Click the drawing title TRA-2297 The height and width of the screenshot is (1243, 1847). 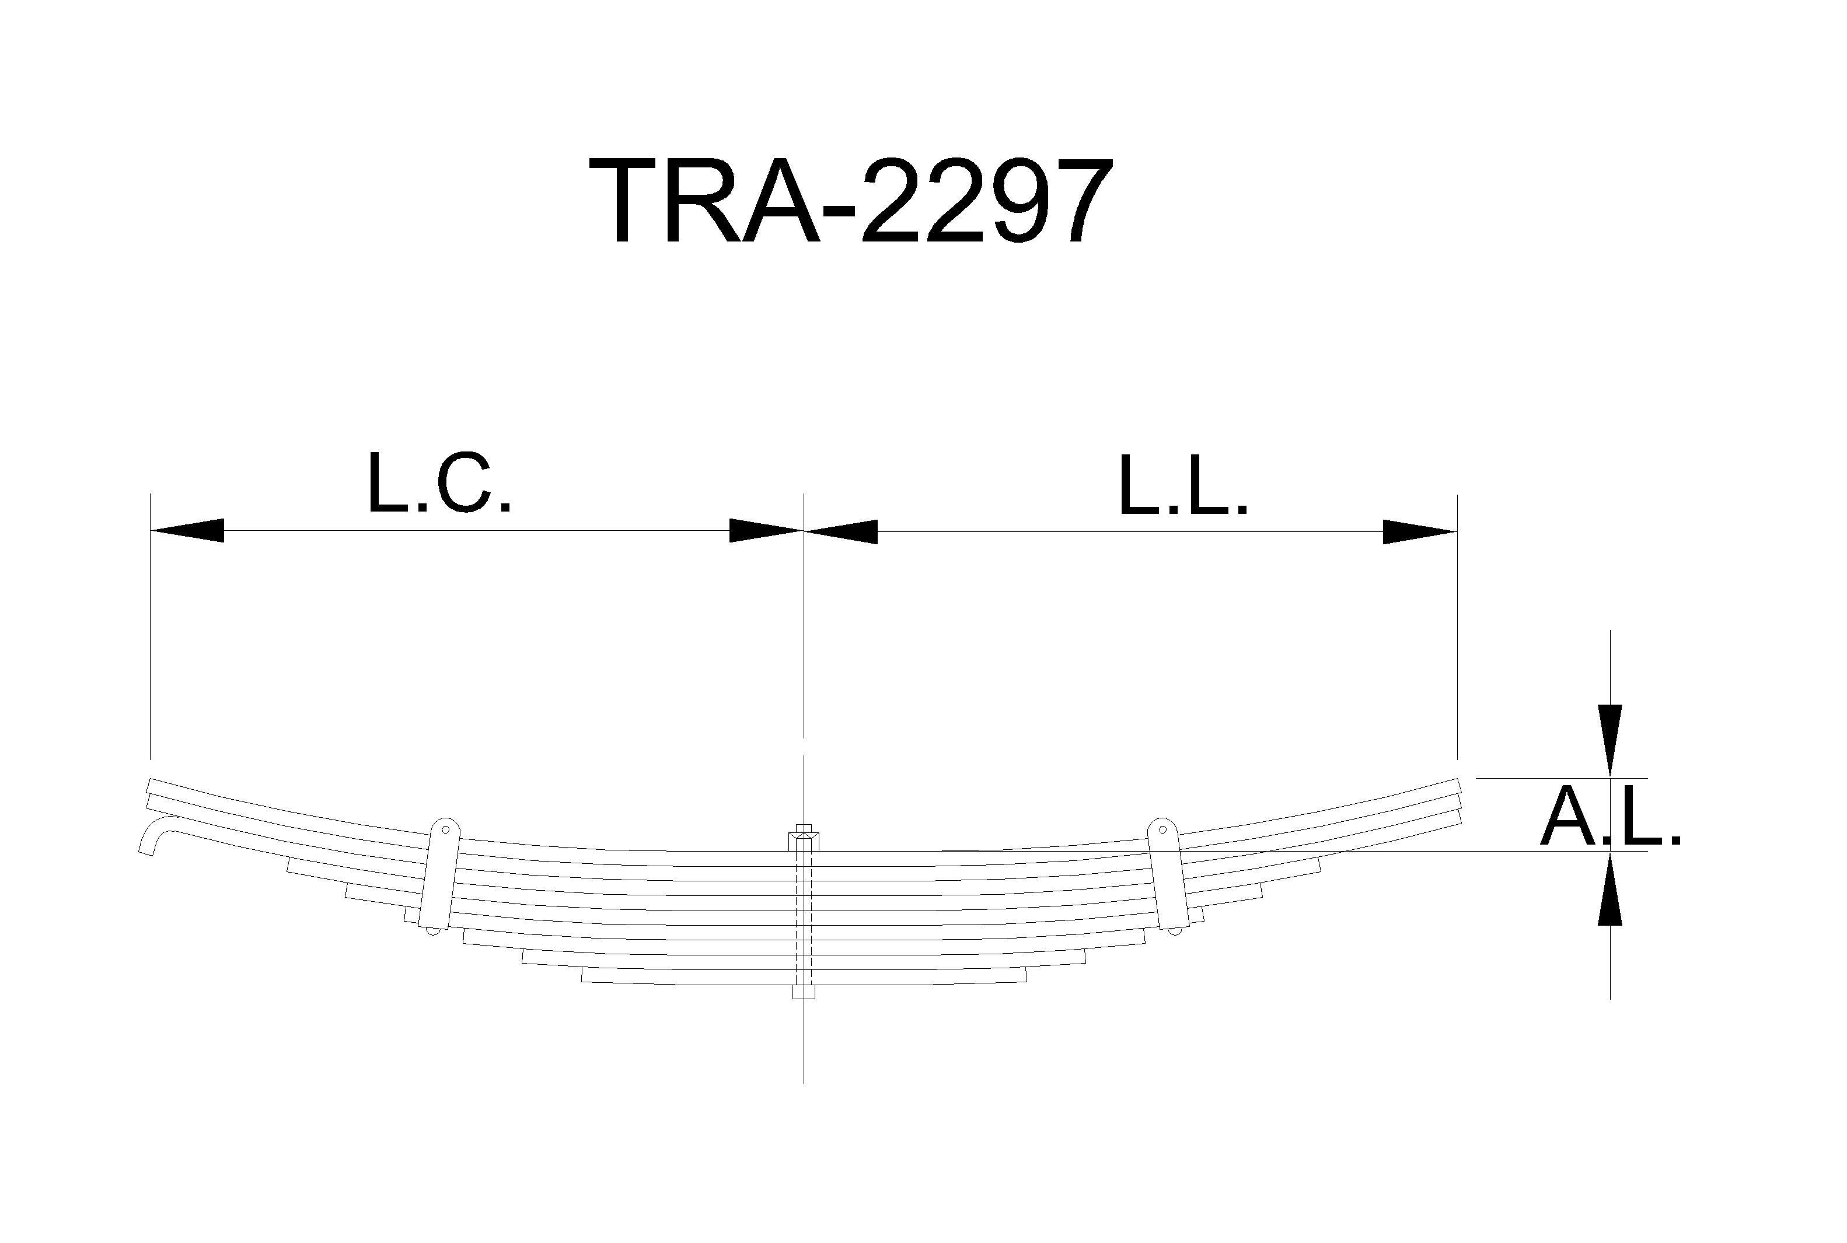point(851,201)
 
